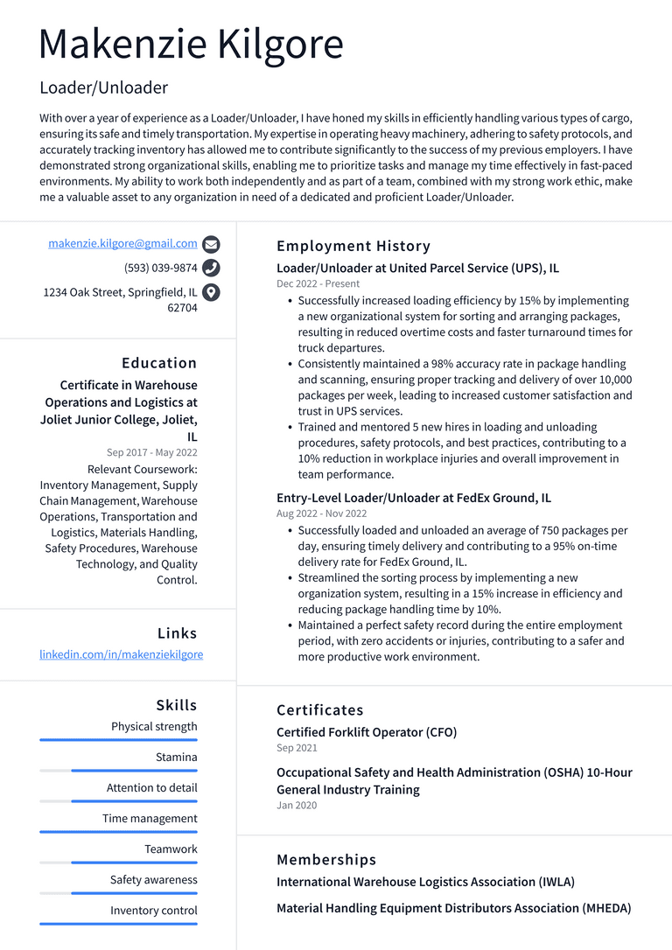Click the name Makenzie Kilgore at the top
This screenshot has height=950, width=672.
pyautogui.click(x=192, y=44)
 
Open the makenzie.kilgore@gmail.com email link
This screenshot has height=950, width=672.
pyautogui.click(x=122, y=244)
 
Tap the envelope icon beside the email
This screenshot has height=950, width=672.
pyautogui.click(x=211, y=245)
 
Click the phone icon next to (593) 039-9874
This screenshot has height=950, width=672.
pyautogui.click(x=211, y=269)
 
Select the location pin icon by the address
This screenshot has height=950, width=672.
pyautogui.click(x=211, y=293)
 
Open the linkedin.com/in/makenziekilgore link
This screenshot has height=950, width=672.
pyautogui.click(x=121, y=654)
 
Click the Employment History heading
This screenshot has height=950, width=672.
pyautogui.click(x=353, y=247)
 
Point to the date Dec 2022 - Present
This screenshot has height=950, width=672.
pyautogui.click(x=318, y=284)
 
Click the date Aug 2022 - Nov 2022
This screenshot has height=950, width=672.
pyautogui.click(x=321, y=514)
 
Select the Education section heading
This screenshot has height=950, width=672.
pyautogui.click(x=159, y=363)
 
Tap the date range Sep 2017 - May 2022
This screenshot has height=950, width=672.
pyautogui.click(x=152, y=453)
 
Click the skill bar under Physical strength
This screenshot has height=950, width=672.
pyautogui.click(x=118, y=740)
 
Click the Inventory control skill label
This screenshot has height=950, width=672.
pyautogui.click(x=153, y=911)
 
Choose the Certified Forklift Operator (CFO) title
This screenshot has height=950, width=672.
pyautogui.click(x=367, y=732)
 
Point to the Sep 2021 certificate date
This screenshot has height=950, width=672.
pyautogui.click(x=297, y=749)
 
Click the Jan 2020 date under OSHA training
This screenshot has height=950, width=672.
pyautogui.click(x=297, y=806)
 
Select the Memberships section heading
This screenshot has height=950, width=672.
pyautogui.click(x=326, y=860)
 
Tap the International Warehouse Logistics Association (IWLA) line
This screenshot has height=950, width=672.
pyautogui.click(x=425, y=882)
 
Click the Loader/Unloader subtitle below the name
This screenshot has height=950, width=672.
pyautogui.click(x=103, y=87)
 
